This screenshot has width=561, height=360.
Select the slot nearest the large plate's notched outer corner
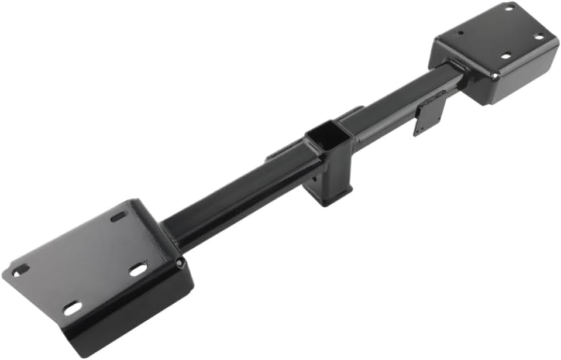[20, 270]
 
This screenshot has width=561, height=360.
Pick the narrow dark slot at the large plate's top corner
[119, 216]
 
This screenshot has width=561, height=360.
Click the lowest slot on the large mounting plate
[73, 308]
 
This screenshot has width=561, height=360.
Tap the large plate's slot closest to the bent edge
[138, 269]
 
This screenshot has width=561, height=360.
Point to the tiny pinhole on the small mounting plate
[461, 32]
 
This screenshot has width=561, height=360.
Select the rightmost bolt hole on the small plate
[539, 37]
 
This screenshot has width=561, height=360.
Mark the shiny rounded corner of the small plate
[495, 76]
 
